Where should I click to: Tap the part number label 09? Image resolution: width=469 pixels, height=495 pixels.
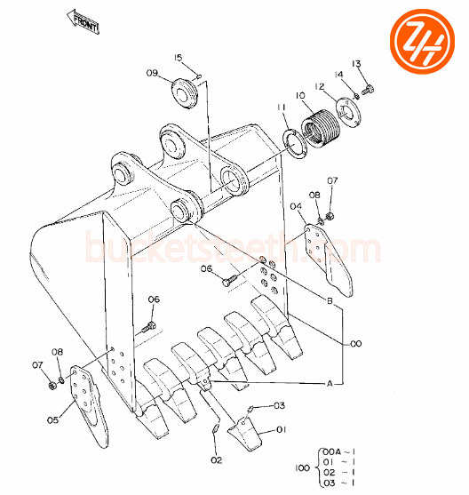[152, 73]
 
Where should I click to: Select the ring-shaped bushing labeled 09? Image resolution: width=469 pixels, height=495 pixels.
[186, 92]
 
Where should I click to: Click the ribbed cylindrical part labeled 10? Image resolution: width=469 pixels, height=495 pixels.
[322, 124]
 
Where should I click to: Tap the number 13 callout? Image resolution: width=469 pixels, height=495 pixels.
[356, 63]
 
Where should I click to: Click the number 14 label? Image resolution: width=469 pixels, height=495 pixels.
[338, 75]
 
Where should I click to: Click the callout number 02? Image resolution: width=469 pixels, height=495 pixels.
[217, 459]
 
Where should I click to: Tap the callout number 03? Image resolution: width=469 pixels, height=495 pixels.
[280, 406]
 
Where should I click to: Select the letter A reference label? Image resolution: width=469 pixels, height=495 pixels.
[330, 384]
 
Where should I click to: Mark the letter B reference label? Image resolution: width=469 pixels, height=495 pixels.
[330, 302]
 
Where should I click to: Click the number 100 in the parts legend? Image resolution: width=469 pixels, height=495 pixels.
[300, 466]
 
